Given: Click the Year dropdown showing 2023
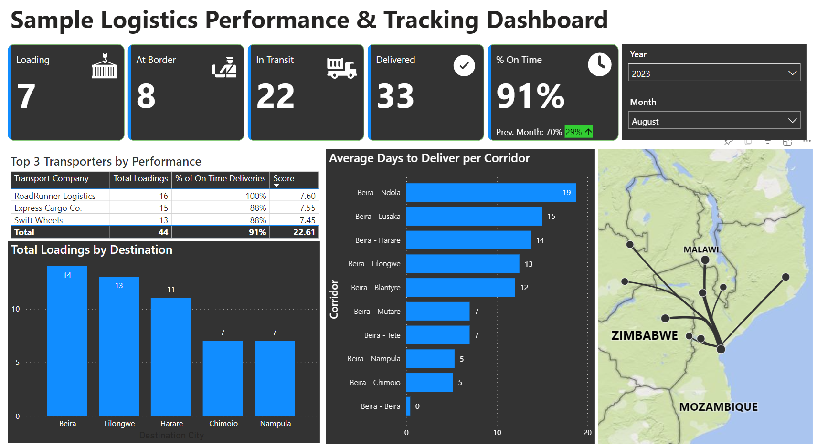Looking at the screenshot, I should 713,73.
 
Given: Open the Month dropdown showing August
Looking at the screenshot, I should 713,121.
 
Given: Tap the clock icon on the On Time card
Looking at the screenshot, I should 599,64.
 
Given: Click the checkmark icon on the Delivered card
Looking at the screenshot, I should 464,65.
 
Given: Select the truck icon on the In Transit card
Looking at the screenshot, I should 341,68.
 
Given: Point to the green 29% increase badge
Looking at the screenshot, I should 578,132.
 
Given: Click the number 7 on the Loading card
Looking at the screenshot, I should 26,96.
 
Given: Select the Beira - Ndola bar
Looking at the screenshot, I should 490,193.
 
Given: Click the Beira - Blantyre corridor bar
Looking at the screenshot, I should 460,288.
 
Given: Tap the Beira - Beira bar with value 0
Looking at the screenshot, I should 408,406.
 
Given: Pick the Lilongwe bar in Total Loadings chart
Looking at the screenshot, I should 119,346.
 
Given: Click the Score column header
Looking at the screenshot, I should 284,178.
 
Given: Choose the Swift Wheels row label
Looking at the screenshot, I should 39,220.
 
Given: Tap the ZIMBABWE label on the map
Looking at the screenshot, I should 644,335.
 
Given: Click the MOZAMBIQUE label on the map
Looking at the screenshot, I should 718,407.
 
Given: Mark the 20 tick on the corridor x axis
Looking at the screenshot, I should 587,433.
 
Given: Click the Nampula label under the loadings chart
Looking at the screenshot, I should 275,424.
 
